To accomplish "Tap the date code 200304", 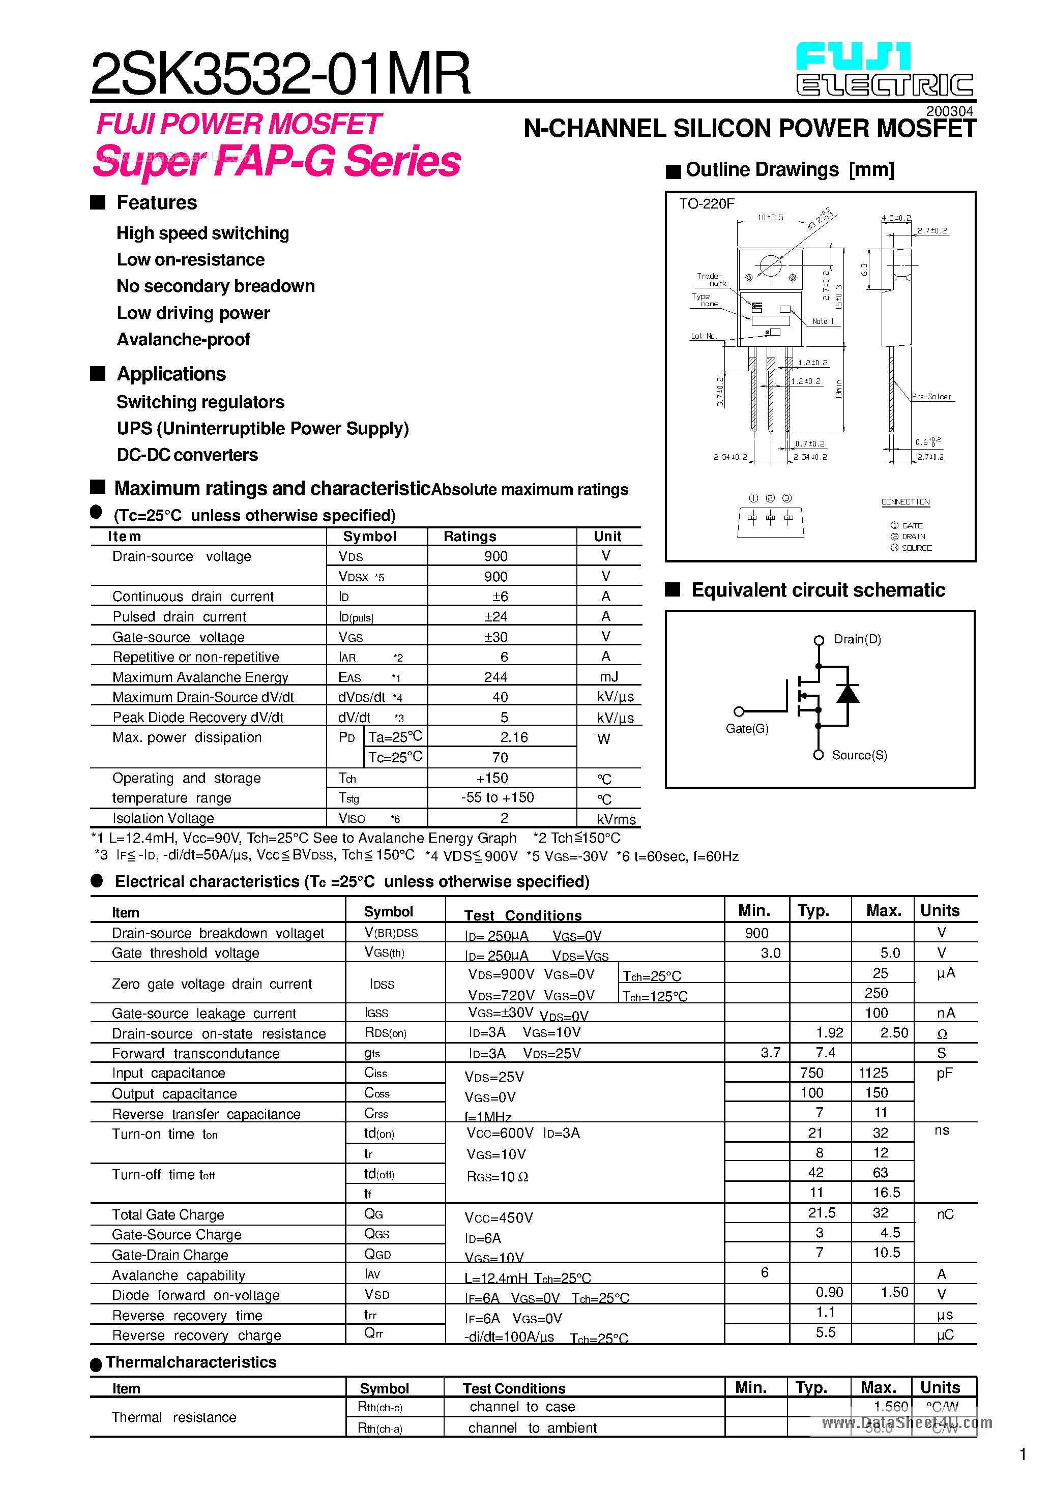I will click(x=949, y=111).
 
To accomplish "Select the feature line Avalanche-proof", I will click(x=183, y=339).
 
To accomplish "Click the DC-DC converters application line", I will click(x=187, y=455).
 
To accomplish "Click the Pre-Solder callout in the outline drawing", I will click(x=931, y=396).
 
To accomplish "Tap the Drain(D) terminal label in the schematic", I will click(x=857, y=639).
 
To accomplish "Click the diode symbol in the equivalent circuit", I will click(x=848, y=694).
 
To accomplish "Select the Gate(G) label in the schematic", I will click(x=747, y=729).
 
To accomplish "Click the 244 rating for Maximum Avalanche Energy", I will click(x=495, y=677).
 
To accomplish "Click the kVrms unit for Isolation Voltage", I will click(x=616, y=819).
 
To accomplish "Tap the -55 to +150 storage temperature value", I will click(x=498, y=798).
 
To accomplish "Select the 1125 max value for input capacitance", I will click(x=873, y=1073).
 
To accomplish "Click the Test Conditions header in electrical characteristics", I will click(x=523, y=915).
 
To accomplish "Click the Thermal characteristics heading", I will click(x=191, y=1362).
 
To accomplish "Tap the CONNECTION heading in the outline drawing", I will click(x=905, y=502).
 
